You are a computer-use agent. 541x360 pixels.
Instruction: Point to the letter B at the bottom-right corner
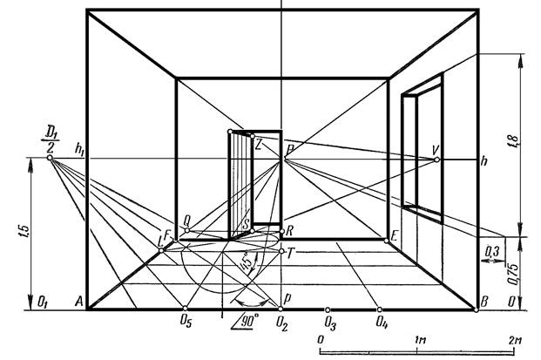click(x=484, y=302)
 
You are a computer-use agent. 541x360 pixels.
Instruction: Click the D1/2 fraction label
click(x=51, y=140)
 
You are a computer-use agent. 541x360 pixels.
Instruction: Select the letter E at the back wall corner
click(x=394, y=236)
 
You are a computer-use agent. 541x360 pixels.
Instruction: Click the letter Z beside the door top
click(x=259, y=145)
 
